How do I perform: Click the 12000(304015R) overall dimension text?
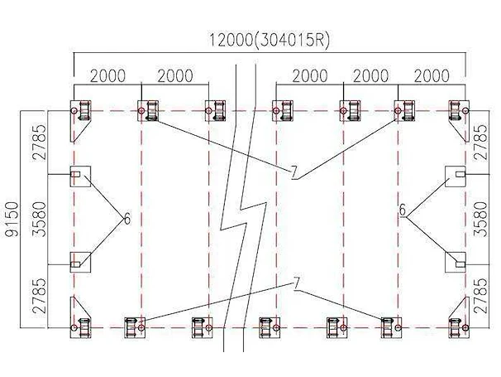[x=269, y=41]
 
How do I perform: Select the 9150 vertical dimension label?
[x=13, y=219]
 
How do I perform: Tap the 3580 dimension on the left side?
[x=40, y=219]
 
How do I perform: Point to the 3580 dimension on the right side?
[x=480, y=219]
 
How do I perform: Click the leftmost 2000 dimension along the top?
[x=108, y=76]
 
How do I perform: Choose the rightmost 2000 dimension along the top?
[x=432, y=76]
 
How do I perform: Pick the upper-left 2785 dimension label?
[x=40, y=143]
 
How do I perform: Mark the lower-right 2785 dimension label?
[x=480, y=296]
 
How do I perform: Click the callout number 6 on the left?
[x=127, y=220]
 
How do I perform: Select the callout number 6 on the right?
[x=403, y=210]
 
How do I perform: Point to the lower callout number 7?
[x=297, y=283]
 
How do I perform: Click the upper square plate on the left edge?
[x=80, y=176]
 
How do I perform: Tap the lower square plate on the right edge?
[x=456, y=263]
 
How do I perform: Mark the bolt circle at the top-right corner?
[x=465, y=111]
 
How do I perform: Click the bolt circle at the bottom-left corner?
[x=74, y=328]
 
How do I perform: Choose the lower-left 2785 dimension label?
[x=40, y=296]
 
